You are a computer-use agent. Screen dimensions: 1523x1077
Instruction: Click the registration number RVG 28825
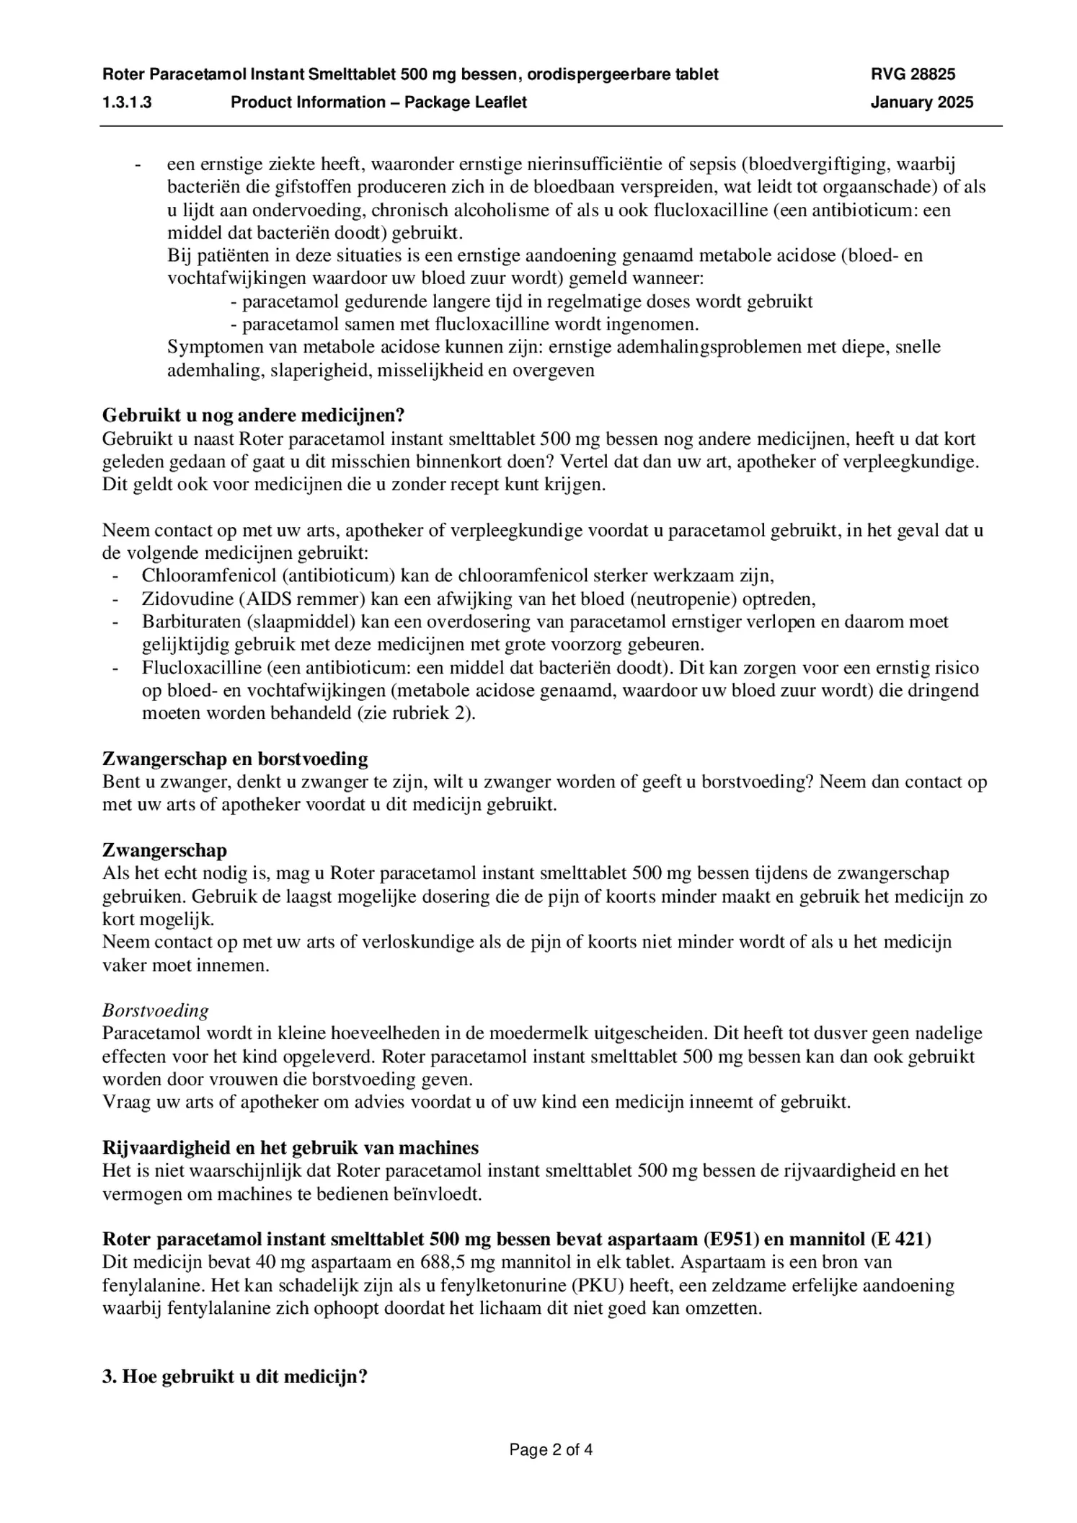(913, 74)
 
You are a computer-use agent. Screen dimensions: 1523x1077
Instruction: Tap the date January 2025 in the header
(921, 102)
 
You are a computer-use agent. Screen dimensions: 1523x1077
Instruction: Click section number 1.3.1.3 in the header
(127, 102)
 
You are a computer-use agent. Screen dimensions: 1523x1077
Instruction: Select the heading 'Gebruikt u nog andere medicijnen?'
(254, 415)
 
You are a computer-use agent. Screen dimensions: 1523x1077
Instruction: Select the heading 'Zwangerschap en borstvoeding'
(235, 759)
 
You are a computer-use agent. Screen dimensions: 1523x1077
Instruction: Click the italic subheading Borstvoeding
(156, 1010)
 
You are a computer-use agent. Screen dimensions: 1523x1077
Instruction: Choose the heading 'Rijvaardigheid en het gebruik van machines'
(291, 1147)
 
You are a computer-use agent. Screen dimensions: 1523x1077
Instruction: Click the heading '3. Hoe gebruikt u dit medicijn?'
(235, 1377)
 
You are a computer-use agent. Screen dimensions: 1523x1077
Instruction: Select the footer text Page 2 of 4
(551, 1450)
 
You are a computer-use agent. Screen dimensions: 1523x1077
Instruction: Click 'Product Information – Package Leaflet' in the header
(378, 102)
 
